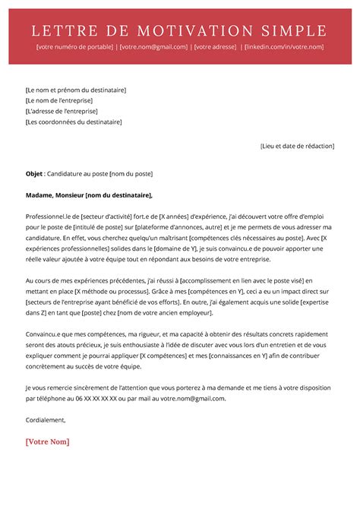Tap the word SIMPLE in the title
(294, 30)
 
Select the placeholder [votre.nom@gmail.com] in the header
(153, 47)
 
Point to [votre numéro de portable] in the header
(74, 47)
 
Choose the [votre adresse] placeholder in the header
(215, 47)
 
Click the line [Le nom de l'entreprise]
(58, 100)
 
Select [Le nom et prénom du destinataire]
(75, 90)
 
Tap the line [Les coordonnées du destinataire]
(73, 122)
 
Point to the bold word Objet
(33, 173)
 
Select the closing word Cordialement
(46, 419)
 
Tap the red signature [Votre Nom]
(47, 441)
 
